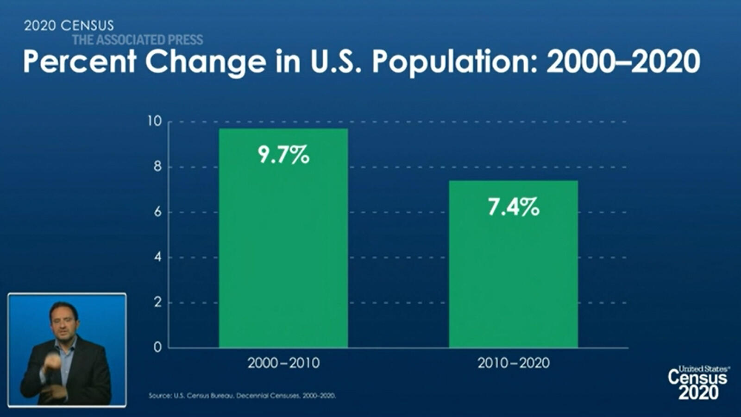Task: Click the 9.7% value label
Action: (x=283, y=154)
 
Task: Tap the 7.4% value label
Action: (x=514, y=207)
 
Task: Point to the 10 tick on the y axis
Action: (x=155, y=121)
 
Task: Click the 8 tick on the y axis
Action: (x=157, y=167)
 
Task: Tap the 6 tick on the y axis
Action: (x=157, y=212)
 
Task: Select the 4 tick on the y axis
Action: (x=157, y=257)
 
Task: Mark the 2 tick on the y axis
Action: (x=157, y=303)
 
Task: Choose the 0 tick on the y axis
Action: (x=157, y=347)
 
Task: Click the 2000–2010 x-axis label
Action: (x=283, y=363)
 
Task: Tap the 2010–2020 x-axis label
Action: (x=514, y=363)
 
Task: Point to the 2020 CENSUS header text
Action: (x=69, y=25)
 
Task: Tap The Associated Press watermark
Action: (x=138, y=40)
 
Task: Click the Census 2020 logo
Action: (x=698, y=382)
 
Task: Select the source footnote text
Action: (x=242, y=396)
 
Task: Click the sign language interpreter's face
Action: (x=64, y=321)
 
